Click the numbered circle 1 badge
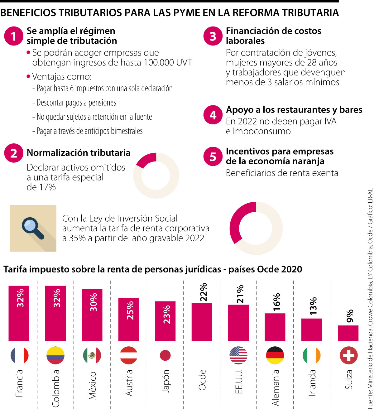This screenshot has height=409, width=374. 14,36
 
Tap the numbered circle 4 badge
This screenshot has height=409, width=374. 213,115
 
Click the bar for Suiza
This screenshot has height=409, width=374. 348,333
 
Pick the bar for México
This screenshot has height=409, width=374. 92,315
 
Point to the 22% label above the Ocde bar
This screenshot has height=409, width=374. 204,292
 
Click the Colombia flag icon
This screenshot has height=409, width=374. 55,355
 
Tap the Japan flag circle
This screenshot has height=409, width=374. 165,355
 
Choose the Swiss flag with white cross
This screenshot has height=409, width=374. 348,355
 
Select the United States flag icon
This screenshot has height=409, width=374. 238,355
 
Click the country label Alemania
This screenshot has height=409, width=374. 276,387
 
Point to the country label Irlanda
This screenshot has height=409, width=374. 312,383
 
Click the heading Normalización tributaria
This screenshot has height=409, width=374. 79,153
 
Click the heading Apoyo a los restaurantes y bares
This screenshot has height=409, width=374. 294,110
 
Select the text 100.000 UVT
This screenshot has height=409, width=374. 168,63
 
